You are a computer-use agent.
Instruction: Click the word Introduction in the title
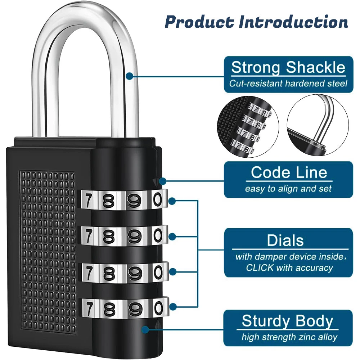[x=293, y=22]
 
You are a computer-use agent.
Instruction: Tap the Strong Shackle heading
[x=288, y=68]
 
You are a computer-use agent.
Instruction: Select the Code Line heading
[x=289, y=172]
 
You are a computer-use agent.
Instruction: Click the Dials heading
[x=285, y=240]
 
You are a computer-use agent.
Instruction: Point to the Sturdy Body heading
[x=287, y=321]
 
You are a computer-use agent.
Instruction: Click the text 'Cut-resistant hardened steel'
[x=288, y=84]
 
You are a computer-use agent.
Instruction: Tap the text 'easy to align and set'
[x=288, y=189]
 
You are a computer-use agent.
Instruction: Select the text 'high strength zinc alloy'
[x=289, y=337]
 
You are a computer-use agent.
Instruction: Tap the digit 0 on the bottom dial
[x=158, y=307]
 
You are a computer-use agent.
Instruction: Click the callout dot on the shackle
[x=130, y=76]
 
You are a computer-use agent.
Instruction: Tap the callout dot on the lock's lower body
[x=145, y=329]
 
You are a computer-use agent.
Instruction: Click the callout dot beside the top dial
[x=172, y=200]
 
